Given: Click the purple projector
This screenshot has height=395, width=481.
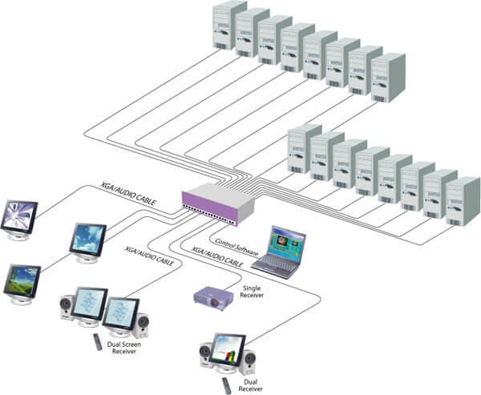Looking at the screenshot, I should coord(213,296).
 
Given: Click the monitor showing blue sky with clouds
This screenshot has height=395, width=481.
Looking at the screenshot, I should coord(87,238).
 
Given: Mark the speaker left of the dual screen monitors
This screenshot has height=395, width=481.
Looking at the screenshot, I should coord(68,313).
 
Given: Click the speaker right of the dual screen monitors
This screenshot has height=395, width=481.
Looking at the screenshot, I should coord(141,323).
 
